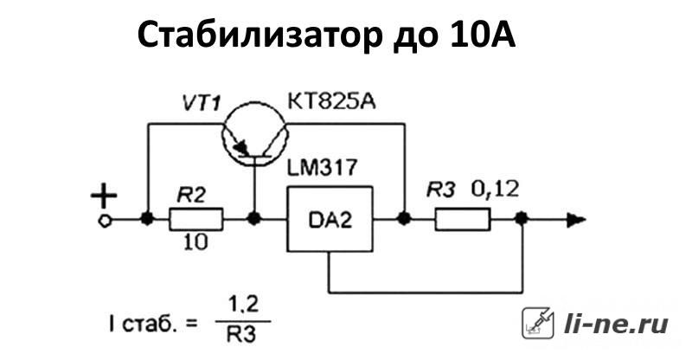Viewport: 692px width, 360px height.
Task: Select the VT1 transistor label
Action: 202,104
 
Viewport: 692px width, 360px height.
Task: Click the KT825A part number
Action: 331,102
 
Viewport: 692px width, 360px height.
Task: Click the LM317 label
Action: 322,168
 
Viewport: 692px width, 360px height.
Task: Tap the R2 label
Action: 191,196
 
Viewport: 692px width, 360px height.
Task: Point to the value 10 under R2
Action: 195,242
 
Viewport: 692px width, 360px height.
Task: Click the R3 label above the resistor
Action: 440,190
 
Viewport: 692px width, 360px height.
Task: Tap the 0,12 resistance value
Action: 495,190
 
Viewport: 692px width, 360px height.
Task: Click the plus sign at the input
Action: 104,195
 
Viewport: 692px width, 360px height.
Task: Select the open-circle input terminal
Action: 105,221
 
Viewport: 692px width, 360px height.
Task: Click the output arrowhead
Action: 576,220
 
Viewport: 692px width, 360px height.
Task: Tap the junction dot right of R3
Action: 522,219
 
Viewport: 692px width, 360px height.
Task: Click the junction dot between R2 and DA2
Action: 253,219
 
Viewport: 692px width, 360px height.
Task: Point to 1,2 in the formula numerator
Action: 243,305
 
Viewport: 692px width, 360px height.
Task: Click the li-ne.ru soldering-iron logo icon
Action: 538,324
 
